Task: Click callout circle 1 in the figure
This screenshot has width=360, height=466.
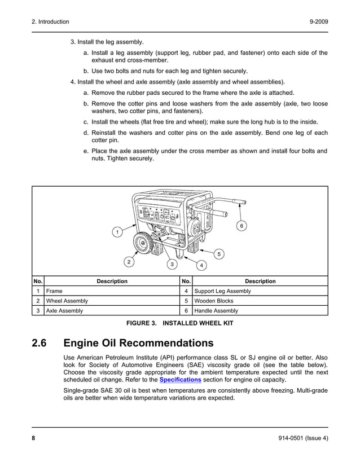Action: point(116,232)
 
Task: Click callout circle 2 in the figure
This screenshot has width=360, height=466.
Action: point(129,262)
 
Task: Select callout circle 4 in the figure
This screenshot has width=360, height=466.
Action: point(201,265)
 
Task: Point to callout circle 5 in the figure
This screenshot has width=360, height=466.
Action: point(219,253)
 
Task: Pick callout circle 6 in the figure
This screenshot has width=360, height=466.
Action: point(242,226)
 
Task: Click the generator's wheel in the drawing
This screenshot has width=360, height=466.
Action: point(144,244)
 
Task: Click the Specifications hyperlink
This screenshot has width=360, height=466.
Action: point(180,380)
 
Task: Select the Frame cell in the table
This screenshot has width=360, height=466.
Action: point(55,291)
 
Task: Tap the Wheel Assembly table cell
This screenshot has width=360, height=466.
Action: point(67,301)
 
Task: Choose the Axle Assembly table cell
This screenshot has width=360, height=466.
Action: point(64,310)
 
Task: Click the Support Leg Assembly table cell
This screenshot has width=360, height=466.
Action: point(222,291)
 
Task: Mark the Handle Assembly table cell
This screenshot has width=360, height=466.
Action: point(216,310)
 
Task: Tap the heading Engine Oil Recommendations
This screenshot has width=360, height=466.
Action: point(139,344)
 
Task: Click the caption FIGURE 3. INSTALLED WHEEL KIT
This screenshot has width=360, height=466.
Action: point(179,323)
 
